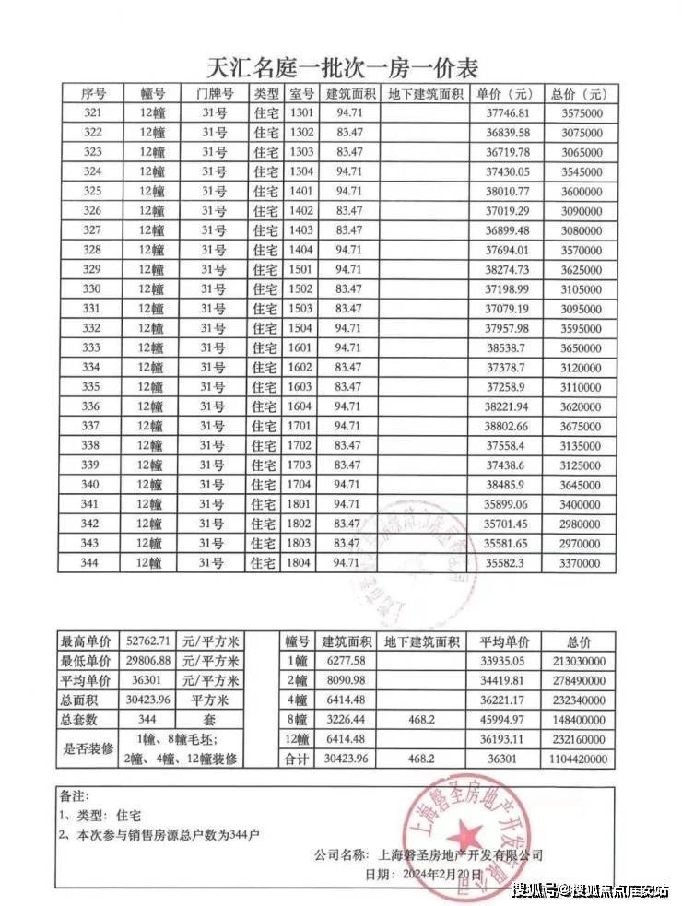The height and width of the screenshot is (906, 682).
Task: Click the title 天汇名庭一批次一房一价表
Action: point(341,67)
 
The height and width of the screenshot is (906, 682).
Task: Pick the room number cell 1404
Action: point(301,251)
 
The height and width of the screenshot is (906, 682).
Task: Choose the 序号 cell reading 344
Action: point(90,562)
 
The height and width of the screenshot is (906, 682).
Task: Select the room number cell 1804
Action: point(301,562)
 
